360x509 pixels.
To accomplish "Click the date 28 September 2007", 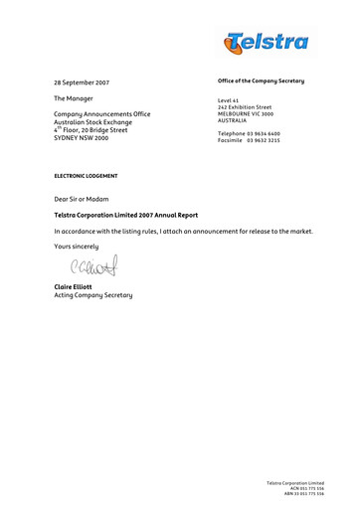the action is (x=82, y=82).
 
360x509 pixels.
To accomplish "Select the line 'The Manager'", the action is (x=74, y=99).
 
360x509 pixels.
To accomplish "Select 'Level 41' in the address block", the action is (x=231, y=100).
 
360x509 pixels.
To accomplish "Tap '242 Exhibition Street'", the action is (x=244, y=107).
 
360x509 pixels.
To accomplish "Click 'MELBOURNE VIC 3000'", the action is (x=245, y=114).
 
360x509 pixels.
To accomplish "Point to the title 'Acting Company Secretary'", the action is (x=93, y=296).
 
